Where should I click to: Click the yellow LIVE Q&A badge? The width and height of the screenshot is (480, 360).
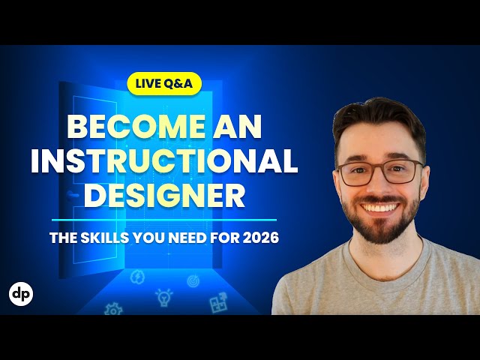pyautogui.click(x=164, y=83)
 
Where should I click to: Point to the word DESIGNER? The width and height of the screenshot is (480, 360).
pyautogui.click(x=164, y=195)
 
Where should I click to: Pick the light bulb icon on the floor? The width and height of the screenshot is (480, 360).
pyautogui.click(x=163, y=297)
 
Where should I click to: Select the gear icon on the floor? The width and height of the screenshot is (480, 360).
pyautogui.click(x=113, y=308)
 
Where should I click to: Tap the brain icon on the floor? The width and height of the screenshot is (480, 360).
pyautogui.click(x=138, y=278)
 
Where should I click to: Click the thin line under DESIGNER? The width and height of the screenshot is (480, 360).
pyautogui.click(x=164, y=220)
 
